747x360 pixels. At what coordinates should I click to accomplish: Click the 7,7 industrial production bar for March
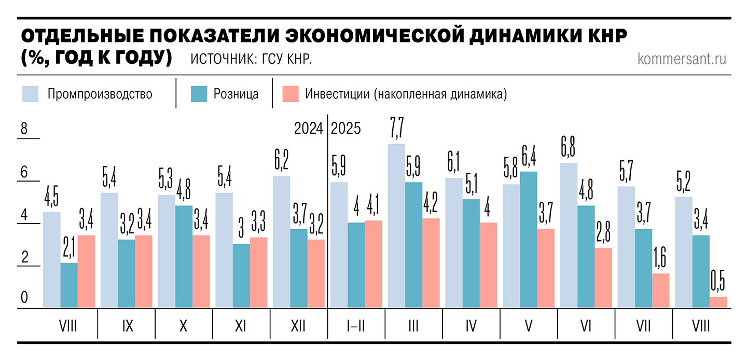point(396,226)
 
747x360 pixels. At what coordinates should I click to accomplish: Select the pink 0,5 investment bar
point(718,302)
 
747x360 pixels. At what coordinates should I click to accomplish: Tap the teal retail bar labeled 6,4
point(529,240)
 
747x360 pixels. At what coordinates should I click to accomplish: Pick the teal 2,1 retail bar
point(69,286)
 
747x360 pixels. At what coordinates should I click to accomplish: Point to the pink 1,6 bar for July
point(661,291)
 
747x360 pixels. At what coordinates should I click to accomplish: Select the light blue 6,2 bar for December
point(281,242)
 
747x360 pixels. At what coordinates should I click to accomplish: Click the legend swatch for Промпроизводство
point(31,94)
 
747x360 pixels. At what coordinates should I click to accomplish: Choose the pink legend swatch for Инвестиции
point(290,94)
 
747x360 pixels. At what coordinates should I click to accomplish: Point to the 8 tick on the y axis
point(24,130)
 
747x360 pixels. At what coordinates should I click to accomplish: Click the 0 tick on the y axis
point(24,298)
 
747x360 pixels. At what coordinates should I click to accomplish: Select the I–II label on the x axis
point(356,326)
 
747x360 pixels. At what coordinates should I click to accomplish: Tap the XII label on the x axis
point(298,326)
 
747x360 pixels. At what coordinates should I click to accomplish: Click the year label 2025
point(345,128)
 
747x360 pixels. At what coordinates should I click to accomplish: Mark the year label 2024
point(308,128)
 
